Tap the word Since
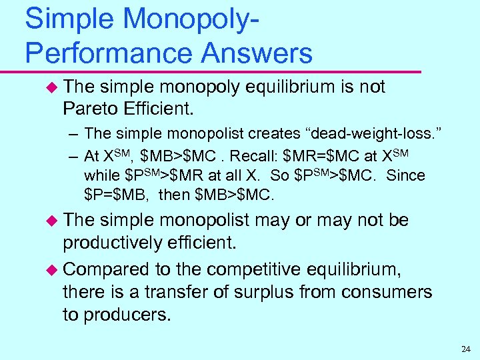point(405,176)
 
